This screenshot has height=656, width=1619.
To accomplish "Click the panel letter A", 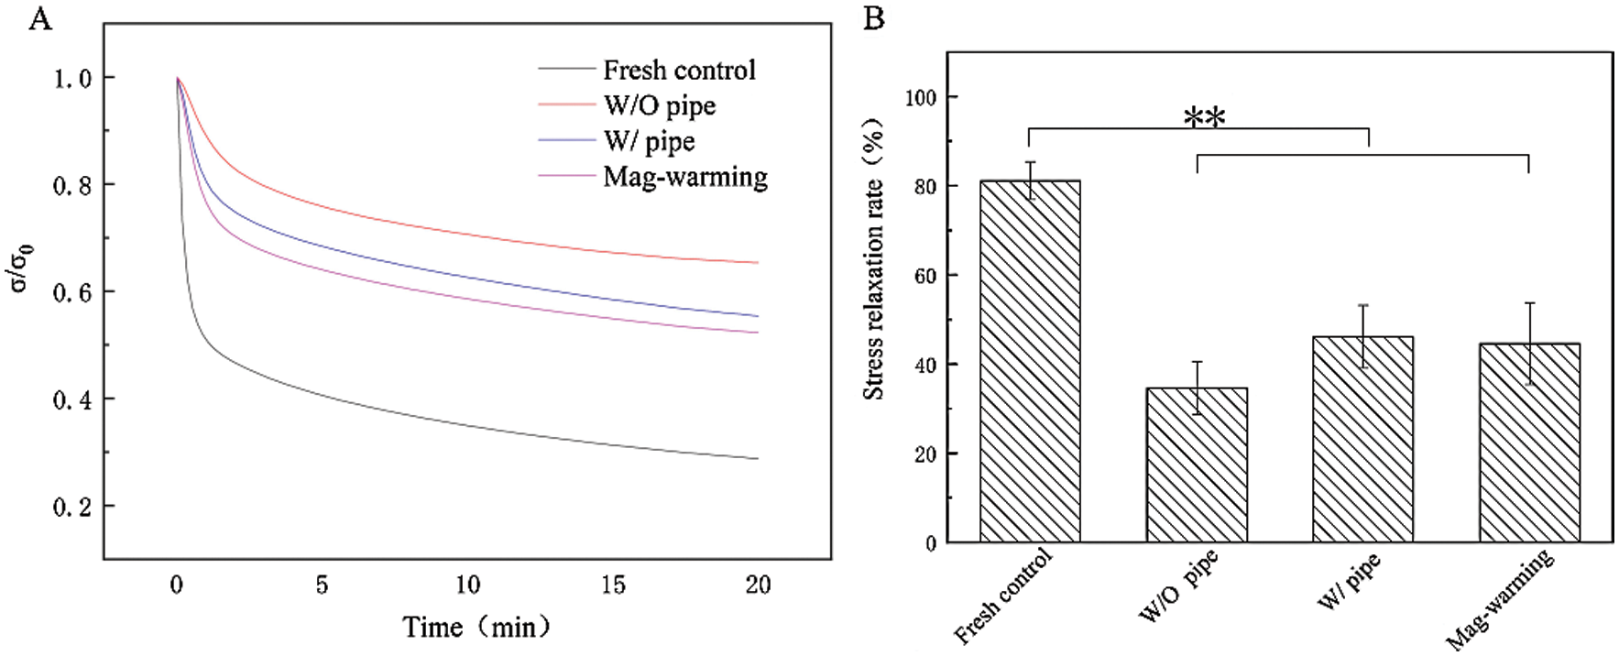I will (40, 18).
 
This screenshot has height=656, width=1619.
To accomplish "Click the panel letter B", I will (874, 18).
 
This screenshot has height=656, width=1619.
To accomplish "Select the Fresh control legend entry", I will (679, 70).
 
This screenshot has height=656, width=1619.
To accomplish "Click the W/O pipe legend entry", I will (659, 105).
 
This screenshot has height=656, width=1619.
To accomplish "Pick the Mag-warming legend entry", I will (684, 176).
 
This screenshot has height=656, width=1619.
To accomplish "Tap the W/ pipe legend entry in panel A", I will (649, 141).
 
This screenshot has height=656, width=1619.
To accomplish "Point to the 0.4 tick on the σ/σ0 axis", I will (72, 399).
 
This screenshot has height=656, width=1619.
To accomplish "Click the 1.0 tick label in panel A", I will (72, 79).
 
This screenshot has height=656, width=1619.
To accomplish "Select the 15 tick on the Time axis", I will (613, 585).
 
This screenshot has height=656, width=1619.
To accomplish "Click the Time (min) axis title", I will (477, 627).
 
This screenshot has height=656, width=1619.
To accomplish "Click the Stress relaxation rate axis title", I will (874, 260).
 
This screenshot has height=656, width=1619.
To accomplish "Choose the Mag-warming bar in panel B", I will (1529, 442).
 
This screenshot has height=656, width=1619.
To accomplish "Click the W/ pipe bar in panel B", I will (1362, 438).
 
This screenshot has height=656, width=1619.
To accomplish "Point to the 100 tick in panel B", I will (921, 97).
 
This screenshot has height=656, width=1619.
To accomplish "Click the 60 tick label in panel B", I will (925, 275).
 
